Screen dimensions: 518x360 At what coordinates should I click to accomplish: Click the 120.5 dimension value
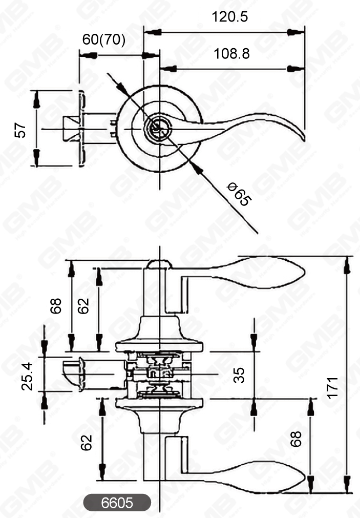pos(230,16)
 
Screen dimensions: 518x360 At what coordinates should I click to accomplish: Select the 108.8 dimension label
pos(230,53)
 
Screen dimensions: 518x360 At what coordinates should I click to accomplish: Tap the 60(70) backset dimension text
pos(104,40)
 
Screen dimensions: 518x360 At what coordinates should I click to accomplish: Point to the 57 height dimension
pos(20,129)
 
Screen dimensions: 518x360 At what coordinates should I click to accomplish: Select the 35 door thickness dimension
pos(239,375)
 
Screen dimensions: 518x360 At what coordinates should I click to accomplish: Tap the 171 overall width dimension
pos(333,387)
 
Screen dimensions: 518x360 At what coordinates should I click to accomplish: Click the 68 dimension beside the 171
pos(295,439)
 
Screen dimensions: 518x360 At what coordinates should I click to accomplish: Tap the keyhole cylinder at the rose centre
pos(156,128)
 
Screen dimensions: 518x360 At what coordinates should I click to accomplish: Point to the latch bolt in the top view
pos(69,128)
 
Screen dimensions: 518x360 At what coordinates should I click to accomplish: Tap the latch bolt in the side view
pos(72,375)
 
